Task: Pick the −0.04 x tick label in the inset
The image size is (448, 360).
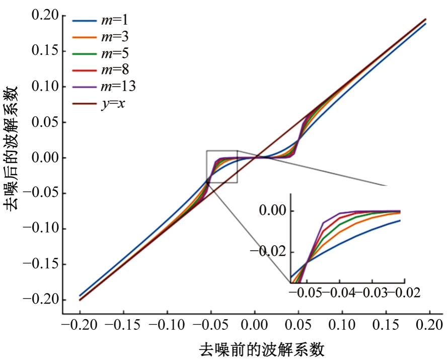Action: click(x=339, y=293)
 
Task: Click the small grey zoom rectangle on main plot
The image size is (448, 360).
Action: click(x=221, y=166)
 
